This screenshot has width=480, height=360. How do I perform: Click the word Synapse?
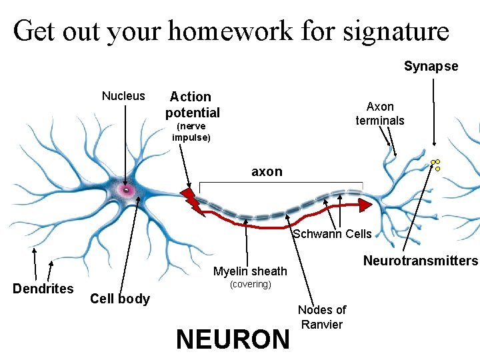click(x=431, y=66)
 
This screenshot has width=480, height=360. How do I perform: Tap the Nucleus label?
click(x=123, y=96)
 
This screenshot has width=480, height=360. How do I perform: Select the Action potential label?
click(x=192, y=105)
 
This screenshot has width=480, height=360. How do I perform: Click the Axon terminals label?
click(x=380, y=113)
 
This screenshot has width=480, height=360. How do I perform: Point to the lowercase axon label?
click(x=267, y=172)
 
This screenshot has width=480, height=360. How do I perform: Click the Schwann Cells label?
click(x=333, y=234)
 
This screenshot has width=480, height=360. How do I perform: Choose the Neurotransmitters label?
click(x=421, y=261)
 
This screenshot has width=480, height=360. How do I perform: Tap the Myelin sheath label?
click(x=250, y=271)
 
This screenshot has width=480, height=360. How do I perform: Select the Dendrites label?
click(x=43, y=289)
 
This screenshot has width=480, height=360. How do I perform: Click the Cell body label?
click(x=120, y=299)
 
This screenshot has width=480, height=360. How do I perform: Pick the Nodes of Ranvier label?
click(x=321, y=317)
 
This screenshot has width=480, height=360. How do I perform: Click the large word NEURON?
click(x=233, y=339)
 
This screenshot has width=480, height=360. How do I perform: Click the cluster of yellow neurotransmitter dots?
click(x=436, y=164)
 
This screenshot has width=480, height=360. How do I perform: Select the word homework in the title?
click(x=228, y=30)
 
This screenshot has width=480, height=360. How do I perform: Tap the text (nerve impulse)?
click(x=191, y=132)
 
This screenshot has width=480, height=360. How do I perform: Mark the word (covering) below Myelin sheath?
click(x=250, y=285)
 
